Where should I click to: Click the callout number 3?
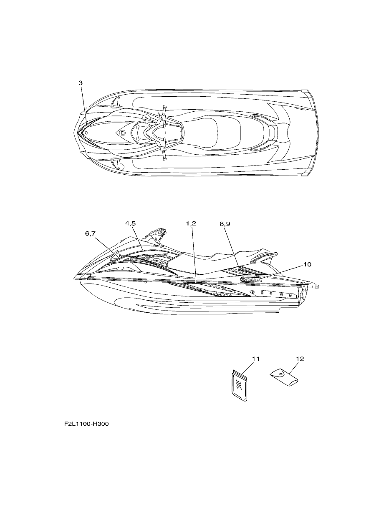point(81,83)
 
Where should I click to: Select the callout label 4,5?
point(131,223)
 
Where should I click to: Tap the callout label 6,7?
point(90,233)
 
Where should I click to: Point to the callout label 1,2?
point(191,223)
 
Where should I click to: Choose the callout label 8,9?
point(225,224)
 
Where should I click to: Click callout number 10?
point(307,264)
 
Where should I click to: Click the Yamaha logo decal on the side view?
point(251,279)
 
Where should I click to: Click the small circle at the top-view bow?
point(86,133)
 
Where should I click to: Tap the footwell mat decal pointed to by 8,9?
point(245,271)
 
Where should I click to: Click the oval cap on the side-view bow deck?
point(121,269)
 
